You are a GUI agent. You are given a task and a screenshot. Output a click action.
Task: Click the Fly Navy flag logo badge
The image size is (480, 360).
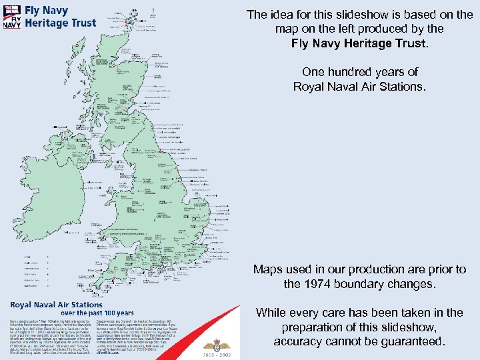12,17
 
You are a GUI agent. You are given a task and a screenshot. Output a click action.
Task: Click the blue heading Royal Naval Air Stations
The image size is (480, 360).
56,304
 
